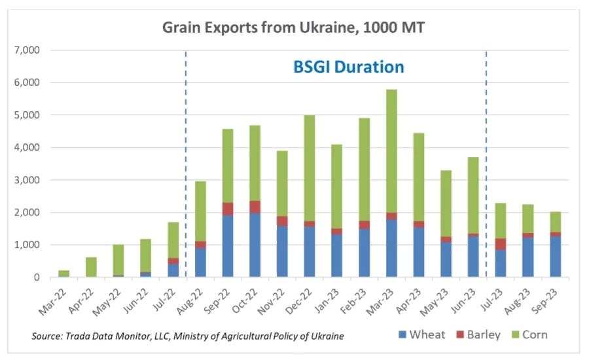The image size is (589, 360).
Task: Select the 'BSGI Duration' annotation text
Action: click(x=348, y=67)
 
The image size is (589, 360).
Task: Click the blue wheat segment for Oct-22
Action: click(x=255, y=249)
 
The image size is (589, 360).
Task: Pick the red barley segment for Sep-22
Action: click(x=228, y=209)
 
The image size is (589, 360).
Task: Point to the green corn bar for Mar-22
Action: click(x=63, y=274)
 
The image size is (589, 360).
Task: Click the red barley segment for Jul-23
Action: click(x=501, y=244)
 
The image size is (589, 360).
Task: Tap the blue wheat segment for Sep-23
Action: click(x=555, y=257)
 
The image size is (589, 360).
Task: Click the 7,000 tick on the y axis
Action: click(x=27, y=50)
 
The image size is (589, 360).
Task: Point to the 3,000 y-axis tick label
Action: click(x=27, y=180)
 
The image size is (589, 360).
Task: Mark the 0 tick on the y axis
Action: click(x=37, y=278)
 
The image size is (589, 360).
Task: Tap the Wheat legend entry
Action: click(x=420, y=334)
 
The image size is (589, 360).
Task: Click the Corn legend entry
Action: click(x=529, y=334)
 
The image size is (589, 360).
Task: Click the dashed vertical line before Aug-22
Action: click(x=187, y=164)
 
